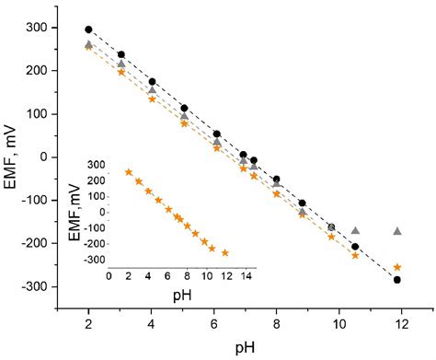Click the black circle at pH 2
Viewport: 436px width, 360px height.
[x=88, y=29]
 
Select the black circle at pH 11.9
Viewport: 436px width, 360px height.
[x=397, y=280]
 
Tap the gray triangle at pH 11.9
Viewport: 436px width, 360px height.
[x=397, y=231]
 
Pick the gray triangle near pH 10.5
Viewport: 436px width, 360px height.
[x=356, y=230]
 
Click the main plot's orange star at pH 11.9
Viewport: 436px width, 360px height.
[x=397, y=267]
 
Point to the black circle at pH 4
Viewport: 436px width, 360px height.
[x=152, y=82]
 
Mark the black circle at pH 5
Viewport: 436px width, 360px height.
[x=184, y=108]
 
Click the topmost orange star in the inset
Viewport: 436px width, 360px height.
[x=129, y=172]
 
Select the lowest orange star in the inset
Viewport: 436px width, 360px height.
[x=225, y=252]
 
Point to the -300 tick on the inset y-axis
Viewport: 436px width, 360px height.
[x=92, y=261]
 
